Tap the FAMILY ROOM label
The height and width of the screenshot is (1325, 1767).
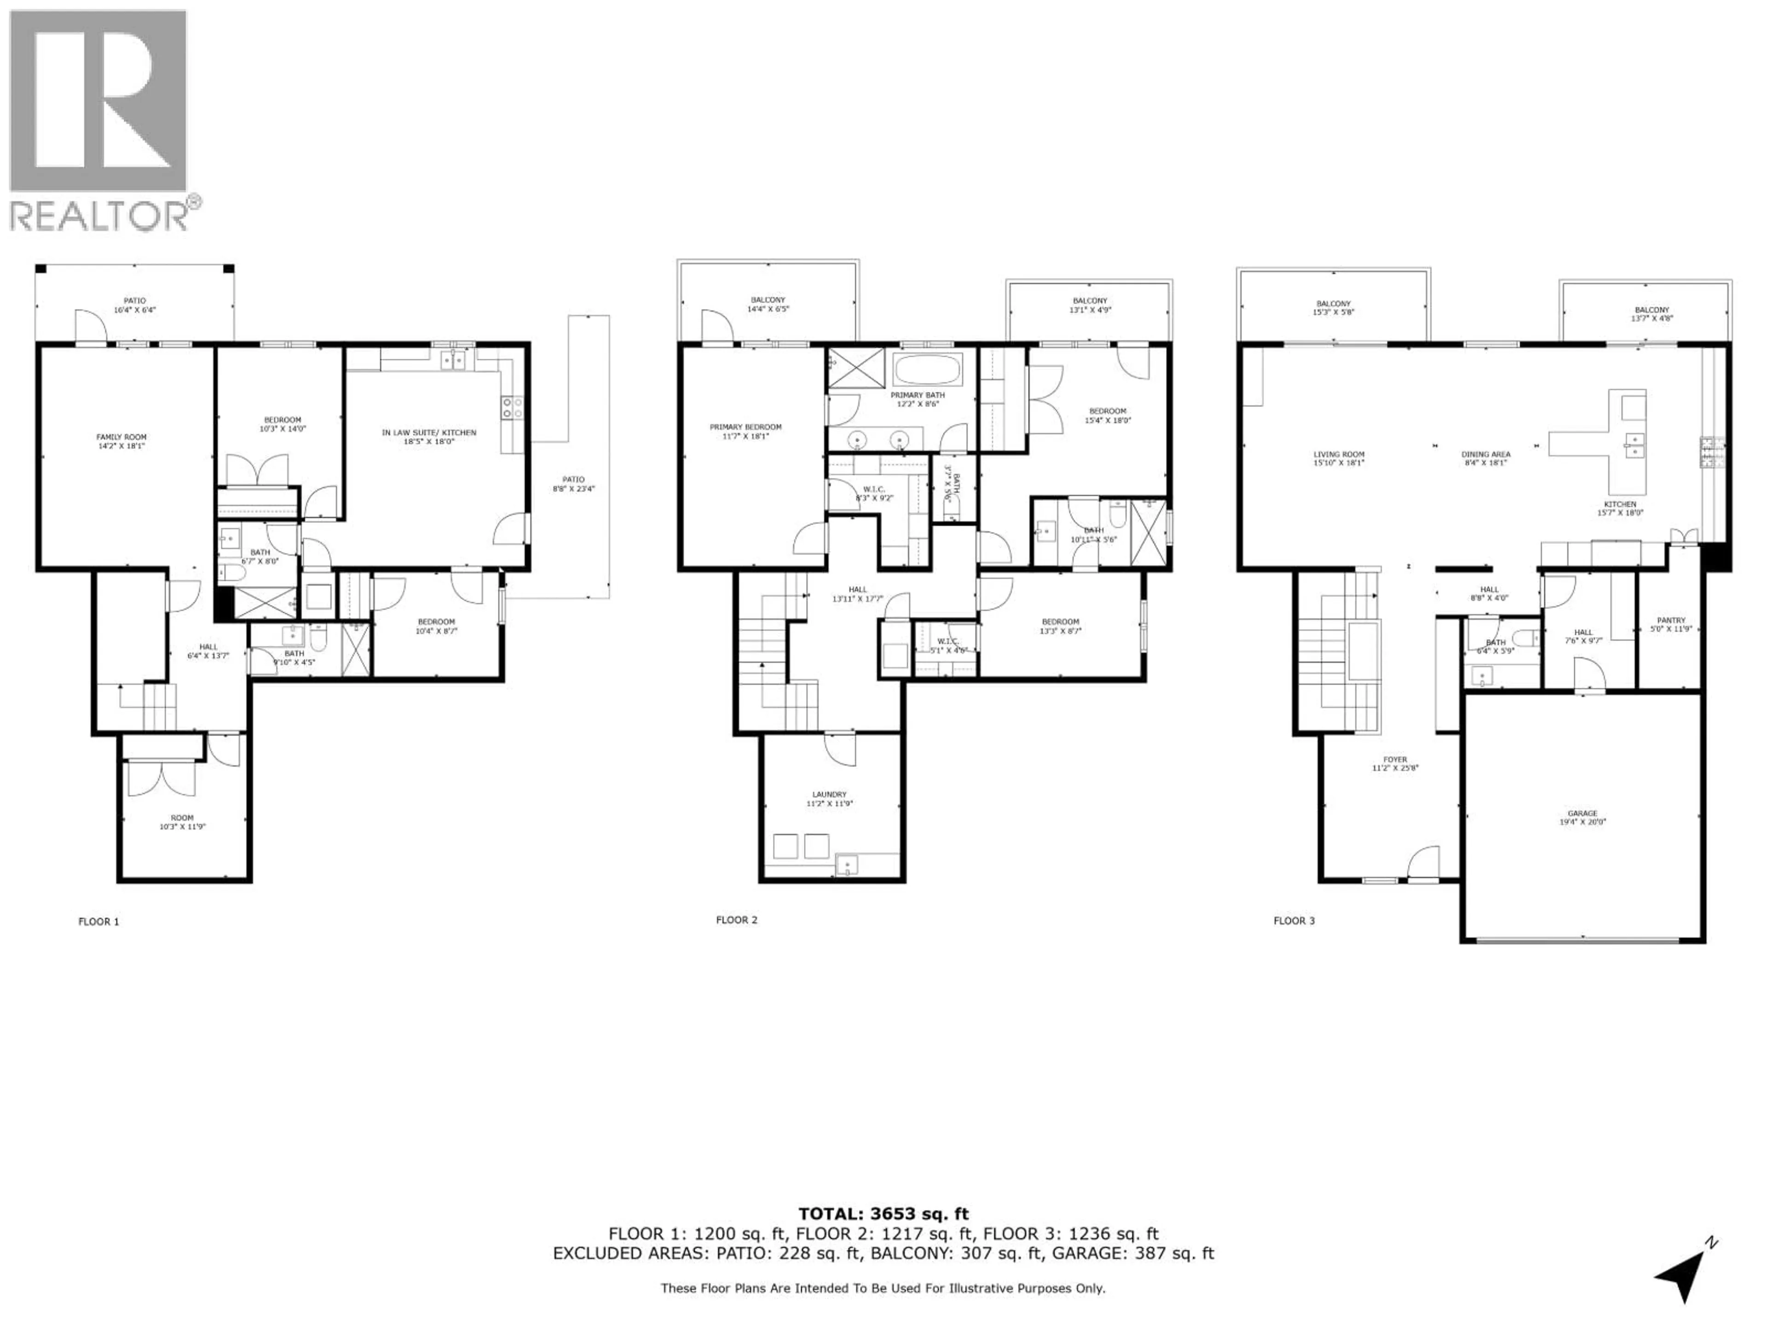point(121,437)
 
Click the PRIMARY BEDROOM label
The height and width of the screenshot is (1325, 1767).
point(745,427)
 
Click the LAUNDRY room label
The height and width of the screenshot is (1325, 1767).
point(829,795)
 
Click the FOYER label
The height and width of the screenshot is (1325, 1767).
point(1395,760)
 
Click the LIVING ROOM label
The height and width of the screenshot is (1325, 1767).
point(1339,455)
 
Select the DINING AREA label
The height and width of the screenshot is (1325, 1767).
point(1486,455)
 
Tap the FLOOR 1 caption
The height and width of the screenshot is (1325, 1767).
point(98,922)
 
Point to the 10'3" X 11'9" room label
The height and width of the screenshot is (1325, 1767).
point(182,827)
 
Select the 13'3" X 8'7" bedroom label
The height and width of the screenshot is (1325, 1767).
point(1060,630)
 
